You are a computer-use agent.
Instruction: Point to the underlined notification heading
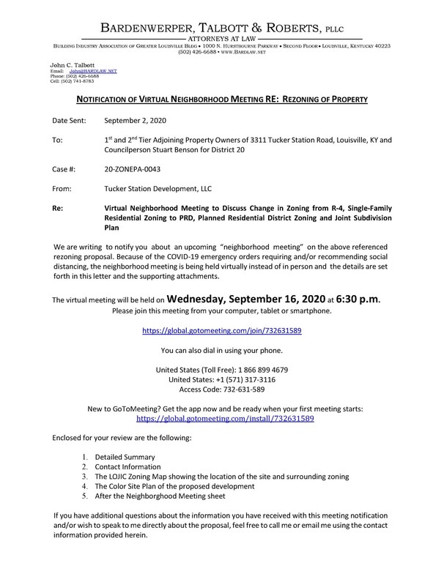coord(222,98)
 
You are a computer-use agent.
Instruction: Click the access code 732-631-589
coord(250,390)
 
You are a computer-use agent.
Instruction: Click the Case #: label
coord(66,168)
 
